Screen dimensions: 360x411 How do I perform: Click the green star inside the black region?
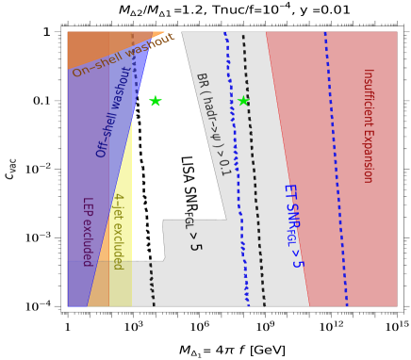156,101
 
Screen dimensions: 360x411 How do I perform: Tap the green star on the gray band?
243,101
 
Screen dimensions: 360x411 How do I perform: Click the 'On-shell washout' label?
123,56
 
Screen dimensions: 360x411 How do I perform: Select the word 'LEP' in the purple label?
86,206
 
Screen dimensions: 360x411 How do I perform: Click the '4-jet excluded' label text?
118,231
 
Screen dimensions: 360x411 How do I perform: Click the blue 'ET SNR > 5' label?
292,226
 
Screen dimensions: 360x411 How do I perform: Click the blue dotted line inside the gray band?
236,170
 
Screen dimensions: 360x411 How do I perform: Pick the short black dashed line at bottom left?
152,283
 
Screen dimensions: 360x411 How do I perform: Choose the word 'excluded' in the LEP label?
86,242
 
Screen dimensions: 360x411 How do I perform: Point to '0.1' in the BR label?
224,166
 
